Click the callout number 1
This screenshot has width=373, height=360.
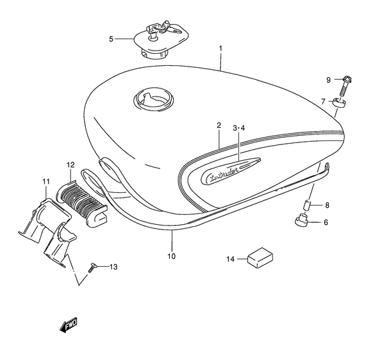221,49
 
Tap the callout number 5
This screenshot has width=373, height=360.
112,39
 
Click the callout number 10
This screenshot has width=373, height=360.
171,255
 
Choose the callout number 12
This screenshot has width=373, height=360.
69,164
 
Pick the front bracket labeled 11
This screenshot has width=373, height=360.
47,229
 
